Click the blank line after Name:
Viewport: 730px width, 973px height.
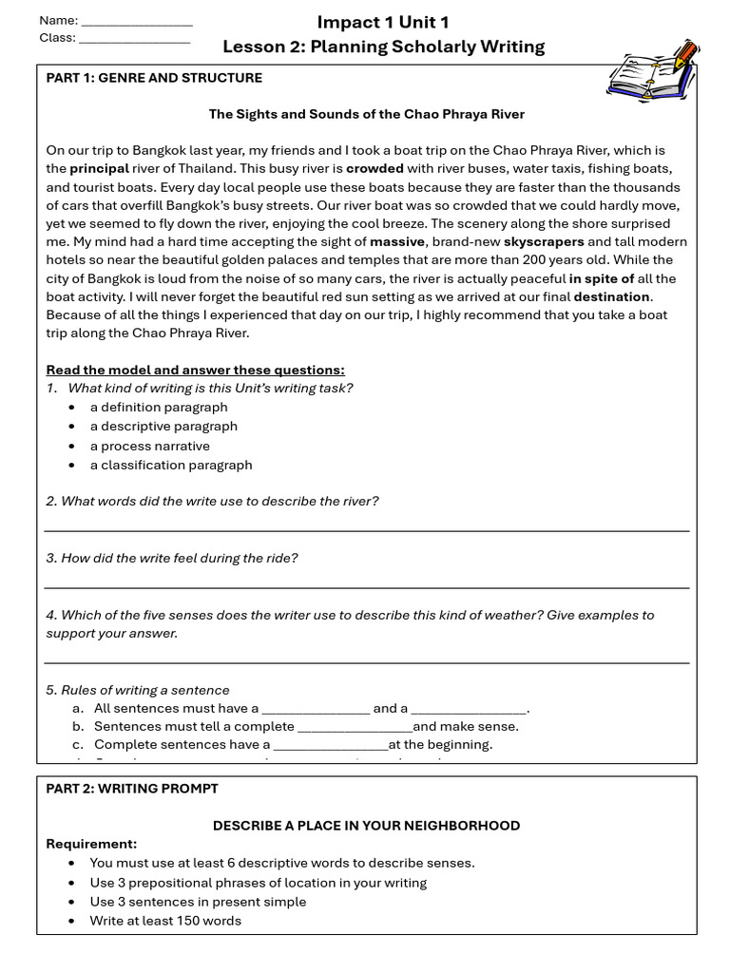[x=137, y=21]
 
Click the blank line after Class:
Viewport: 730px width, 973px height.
[x=134, y=39]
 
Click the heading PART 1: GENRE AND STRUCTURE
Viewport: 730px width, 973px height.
[x=154, y=78]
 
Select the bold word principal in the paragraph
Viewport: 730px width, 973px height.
[x=99, y=169]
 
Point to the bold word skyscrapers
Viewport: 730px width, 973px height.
[x=543, y=242]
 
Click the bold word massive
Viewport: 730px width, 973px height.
[x=396, y=242]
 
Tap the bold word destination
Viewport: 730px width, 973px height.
[x=611, y=296]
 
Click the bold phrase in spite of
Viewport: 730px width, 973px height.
[x=602, y=278]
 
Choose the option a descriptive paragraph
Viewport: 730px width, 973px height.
[x=163, y=427]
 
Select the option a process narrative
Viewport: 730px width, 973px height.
[x=149, y=446]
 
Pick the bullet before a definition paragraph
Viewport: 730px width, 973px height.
[x=73, y=408]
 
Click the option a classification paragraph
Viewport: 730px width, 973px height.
[x=171, y=466]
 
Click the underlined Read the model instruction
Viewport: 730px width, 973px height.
[x=195, y=370]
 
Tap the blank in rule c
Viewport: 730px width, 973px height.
[x=331, y=746]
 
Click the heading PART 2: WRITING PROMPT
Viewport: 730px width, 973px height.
[x=132, y=789]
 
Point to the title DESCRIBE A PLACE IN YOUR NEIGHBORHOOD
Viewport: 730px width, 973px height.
[x=366, y=826]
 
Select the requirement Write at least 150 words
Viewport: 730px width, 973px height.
[x=165, y=921]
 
